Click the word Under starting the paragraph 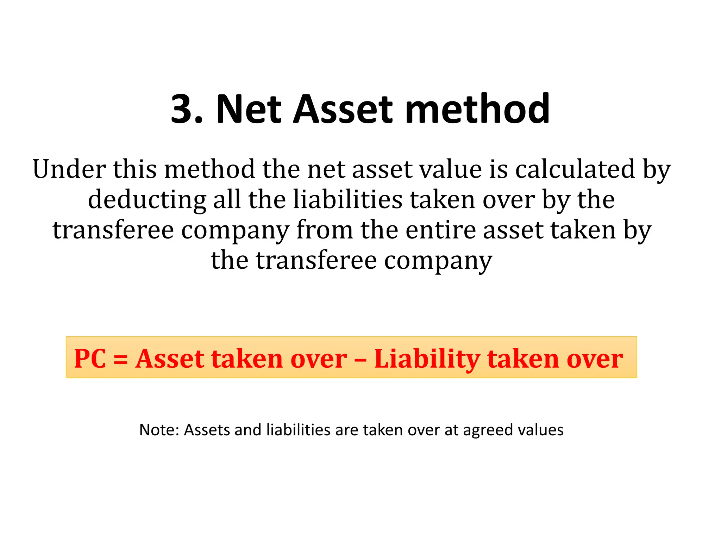click(x=69, y=169)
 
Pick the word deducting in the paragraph click(x=146, y=200)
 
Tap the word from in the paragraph click(x=324, y=230)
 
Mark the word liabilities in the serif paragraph click(x=347, y=200)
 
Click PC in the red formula click(x=90, y=359)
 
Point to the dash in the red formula click(x=360, y=359)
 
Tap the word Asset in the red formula click(x=170, y=359)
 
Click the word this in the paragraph click(x=134, y=169)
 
